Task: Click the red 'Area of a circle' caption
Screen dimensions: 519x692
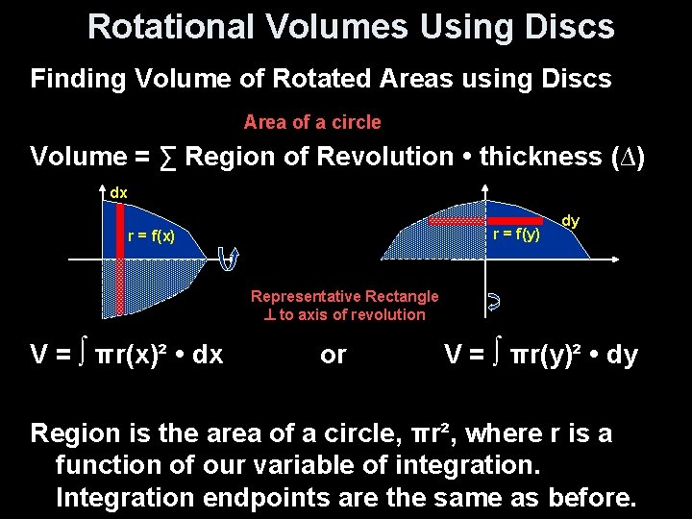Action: tap(312, 122)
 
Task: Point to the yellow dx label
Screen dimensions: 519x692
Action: tap(118, 193)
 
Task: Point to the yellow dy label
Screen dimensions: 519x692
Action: tap(570, 221)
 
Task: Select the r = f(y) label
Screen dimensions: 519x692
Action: tap(516, 234)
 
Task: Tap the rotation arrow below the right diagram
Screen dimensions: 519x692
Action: tap(493, 303)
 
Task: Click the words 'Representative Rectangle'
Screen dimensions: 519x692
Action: tap(344, 297)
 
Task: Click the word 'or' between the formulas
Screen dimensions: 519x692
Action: tap(333, 355)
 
